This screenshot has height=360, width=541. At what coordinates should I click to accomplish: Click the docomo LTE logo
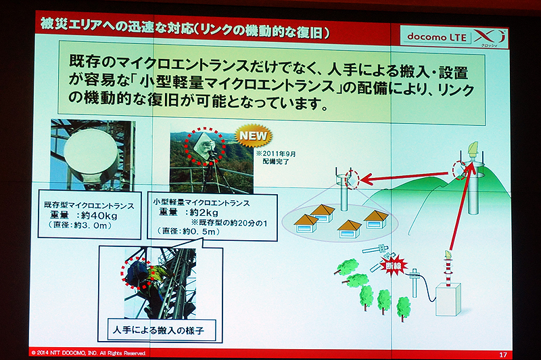(437, 37)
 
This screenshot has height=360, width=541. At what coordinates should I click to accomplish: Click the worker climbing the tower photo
(145, 280)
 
